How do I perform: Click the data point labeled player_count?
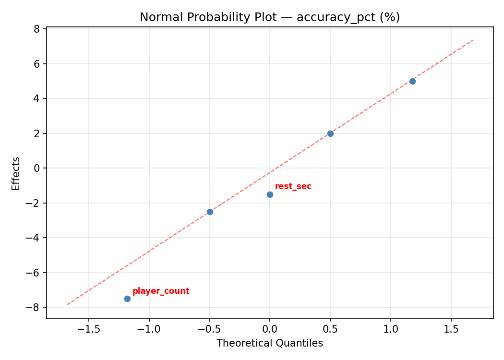127,299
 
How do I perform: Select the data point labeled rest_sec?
270,194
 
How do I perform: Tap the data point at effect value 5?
412,81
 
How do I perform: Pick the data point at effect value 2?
330,133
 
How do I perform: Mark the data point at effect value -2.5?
210,212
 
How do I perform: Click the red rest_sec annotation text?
293,187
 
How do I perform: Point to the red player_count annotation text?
161,291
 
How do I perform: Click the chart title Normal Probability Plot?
270,17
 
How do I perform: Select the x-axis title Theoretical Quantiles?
270,343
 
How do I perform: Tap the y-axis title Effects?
16,173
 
